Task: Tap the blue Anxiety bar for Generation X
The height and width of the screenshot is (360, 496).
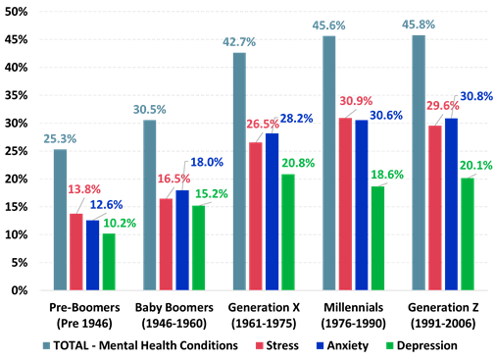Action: [273, 211]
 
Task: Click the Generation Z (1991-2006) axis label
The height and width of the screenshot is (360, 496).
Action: [437, 315]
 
